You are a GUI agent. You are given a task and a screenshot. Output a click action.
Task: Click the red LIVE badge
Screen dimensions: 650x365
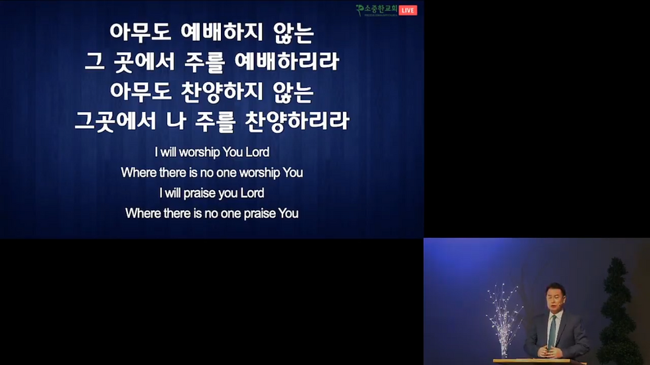pos(408,11)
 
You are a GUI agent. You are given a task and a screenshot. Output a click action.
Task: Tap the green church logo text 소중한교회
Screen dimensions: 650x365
pos(381,9)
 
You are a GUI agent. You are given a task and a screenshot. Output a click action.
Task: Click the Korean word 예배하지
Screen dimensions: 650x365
pos(222,32)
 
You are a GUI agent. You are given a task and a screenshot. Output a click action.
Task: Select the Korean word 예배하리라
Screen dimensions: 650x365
pos(287,61)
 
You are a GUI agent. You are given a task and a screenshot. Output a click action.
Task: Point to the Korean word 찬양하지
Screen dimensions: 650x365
pos(222,91)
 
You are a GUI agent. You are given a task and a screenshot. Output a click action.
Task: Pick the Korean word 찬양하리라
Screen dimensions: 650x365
pos(297,121)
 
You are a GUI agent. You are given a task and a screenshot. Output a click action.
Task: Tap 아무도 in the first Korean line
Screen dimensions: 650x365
pos(140,32)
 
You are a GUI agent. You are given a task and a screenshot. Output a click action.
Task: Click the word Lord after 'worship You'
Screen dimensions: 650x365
pos(257,152)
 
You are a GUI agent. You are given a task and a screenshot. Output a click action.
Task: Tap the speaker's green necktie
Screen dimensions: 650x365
pos(552,331)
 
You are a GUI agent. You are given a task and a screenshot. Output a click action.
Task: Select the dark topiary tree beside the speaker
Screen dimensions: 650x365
pos(619,311)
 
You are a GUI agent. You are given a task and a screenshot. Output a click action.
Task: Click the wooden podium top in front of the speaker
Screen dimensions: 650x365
pos(539,362)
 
